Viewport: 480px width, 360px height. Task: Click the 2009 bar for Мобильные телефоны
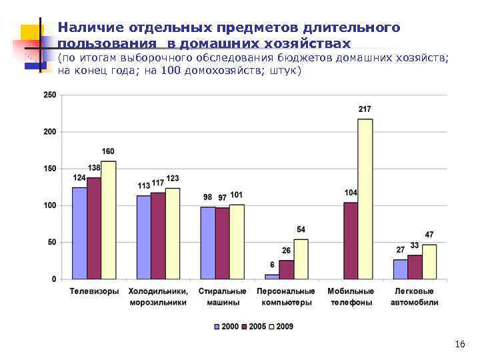(365, 199)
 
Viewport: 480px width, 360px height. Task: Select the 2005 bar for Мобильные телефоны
(351, 241)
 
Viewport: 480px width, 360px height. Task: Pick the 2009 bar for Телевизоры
(109, 220)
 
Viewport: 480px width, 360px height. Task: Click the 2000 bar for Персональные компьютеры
(272, 277)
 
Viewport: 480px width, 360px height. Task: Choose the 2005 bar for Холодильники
(158, 236)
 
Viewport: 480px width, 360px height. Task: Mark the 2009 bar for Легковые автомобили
(429, 262)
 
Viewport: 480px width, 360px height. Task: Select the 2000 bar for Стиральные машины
(207, 243)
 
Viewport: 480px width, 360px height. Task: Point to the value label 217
(365, 109)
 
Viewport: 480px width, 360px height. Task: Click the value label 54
(301, 230)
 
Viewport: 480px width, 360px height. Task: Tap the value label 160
(109, 151)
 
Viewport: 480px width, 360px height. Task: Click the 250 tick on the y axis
(50, 95)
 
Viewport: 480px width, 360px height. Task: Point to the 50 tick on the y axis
(52, 243)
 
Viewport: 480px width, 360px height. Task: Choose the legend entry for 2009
(281, 327)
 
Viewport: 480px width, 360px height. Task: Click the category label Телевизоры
(95, 291)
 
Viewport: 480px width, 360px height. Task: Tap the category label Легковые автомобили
(415, 297)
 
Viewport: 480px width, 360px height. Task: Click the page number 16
(459, 344)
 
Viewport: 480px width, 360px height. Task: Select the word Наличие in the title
(86, 28)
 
